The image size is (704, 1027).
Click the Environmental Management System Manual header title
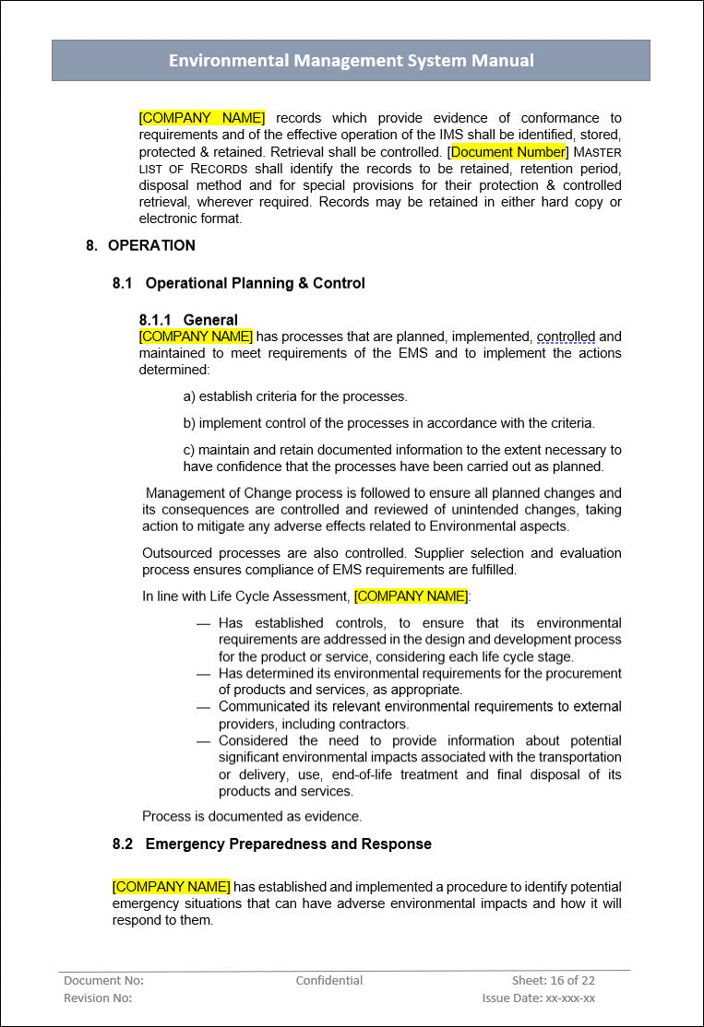[x=351, y=61]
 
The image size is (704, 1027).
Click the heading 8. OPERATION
[x=140, y=245]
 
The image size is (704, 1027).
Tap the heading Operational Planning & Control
[x=255, y=283]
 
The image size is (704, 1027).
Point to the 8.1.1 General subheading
[x=188, y=321]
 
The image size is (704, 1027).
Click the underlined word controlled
[x=566, y=336]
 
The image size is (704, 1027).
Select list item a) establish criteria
[x=295, y=396]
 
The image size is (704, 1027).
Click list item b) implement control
[x=388, y=423]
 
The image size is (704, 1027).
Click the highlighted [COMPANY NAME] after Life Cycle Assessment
[x=411, y=596]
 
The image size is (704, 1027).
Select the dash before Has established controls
[x=204, y=623]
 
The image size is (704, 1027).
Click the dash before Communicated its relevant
[x=204, y=707]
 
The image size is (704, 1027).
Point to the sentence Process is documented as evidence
[x=252, y=816]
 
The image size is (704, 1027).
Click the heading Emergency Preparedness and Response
[x=288, y=844]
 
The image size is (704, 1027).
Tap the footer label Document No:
[x=103, y=981]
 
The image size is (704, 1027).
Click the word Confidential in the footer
[x=329, y=981]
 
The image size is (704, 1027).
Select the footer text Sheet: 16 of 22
[x=554, y=981]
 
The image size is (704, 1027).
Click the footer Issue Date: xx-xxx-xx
[x=538, y=998]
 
